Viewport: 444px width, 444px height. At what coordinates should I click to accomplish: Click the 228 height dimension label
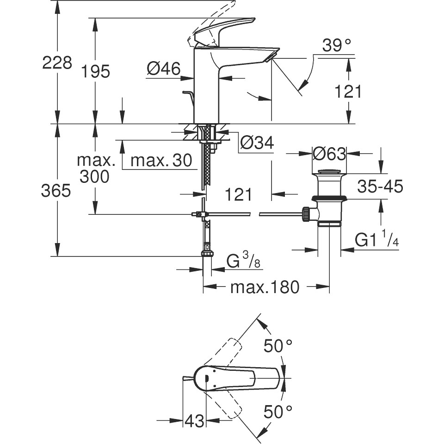pos(57,63)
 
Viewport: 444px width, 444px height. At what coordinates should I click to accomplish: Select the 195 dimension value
pos(95,71)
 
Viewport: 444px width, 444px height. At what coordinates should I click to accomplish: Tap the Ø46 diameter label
pos(164,69)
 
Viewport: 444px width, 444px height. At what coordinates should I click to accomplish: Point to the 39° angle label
pos(337,45)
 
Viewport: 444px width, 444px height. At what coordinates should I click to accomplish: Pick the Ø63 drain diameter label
pos(329,154)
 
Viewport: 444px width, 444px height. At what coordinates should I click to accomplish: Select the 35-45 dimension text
pos(380,187)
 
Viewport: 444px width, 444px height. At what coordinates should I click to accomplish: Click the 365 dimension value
pos(56,191)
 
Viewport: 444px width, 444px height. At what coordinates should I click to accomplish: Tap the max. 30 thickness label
pos(161,161)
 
